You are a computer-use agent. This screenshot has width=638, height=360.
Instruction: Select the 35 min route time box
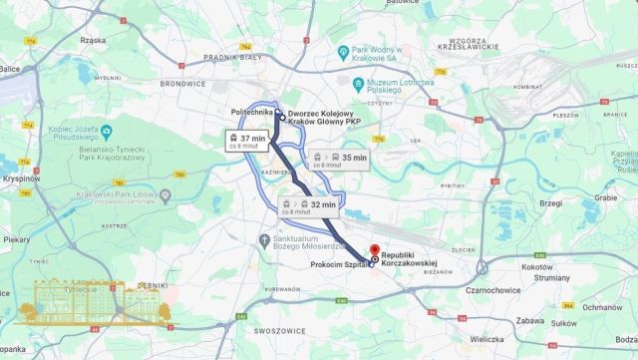[339, 159]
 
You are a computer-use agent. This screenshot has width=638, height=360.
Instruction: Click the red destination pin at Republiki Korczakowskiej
[374, 250]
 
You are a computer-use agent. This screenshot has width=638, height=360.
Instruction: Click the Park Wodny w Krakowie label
[379, 54]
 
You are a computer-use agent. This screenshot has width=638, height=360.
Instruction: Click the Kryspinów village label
[20, 177]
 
